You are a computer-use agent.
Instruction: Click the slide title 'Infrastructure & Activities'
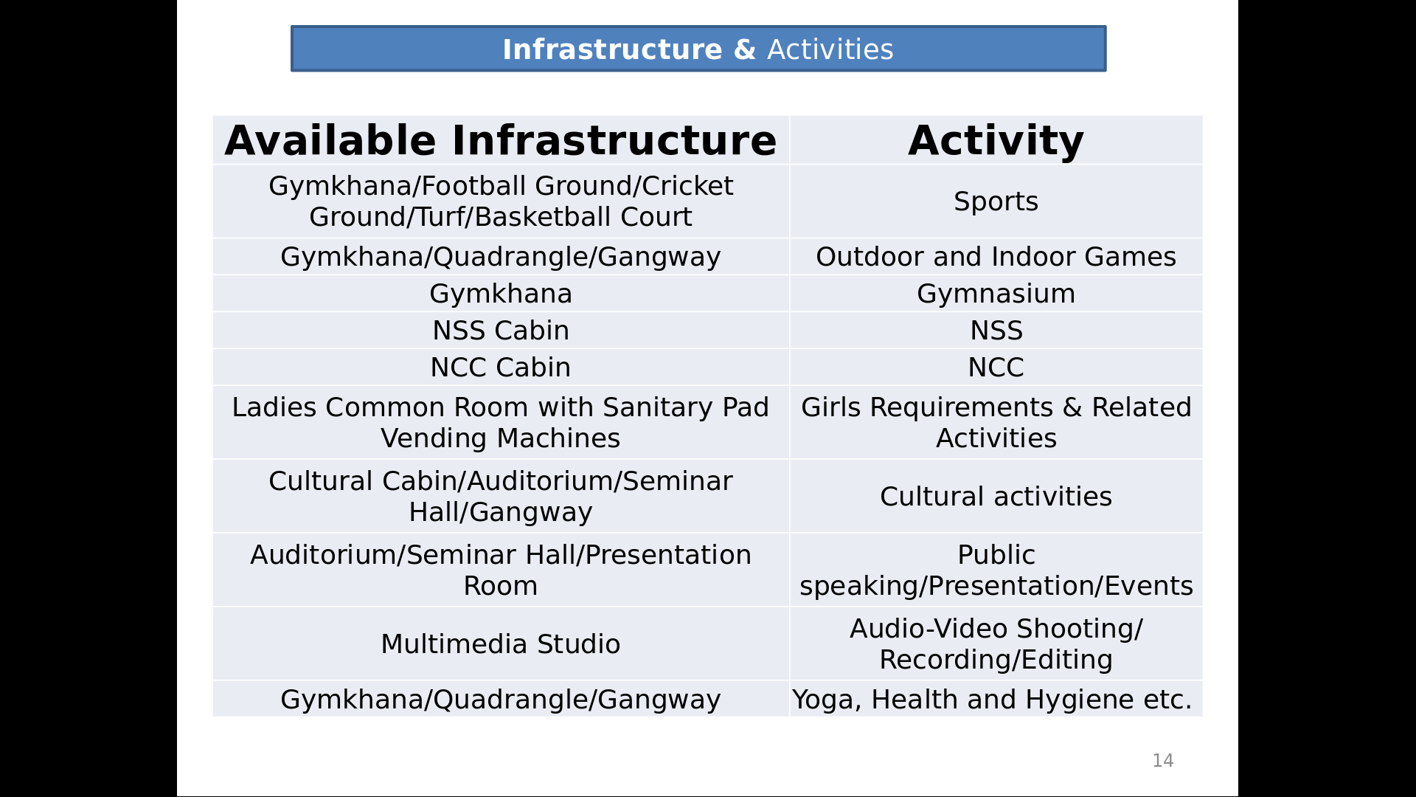click(698, 49)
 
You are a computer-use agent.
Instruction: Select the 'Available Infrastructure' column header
click(501, 140)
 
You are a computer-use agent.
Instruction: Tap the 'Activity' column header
click(996, 140)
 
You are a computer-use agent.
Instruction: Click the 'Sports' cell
click(996, 201)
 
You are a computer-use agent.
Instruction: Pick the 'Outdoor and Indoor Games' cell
click(996, 257)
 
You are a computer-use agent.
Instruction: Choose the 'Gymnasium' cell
click(996, 294)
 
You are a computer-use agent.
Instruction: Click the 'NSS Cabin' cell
click(501, 331)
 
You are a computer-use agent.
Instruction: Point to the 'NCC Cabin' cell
click(501, 368)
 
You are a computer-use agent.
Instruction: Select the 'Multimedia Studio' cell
click(501, 644)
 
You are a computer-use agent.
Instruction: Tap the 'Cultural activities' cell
click(996, 497)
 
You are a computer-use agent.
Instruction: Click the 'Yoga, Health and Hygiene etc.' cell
click(992, 700)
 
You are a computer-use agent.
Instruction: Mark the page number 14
click(1163, 761)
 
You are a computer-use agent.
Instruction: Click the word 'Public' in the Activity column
click(996, 555)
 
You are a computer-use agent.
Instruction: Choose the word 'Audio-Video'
click(929, 629)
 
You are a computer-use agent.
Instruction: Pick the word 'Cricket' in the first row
click(687, 186)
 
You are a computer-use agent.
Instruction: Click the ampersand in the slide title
click(745, 49)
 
